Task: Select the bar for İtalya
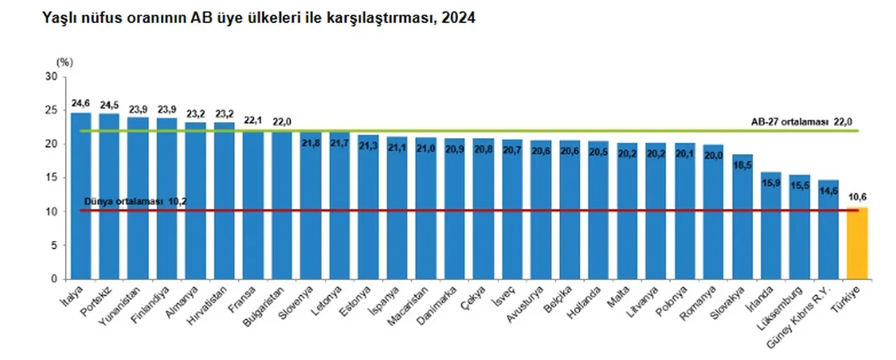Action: click(x=80, y=196)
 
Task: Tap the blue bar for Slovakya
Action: click(x=742, y=217)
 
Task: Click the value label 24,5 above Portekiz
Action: click(x=109, y=106)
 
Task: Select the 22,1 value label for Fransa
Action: click(x=253, y=120)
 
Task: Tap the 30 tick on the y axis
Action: click(x=51, y=76)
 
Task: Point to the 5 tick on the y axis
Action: click(x=54, y=246)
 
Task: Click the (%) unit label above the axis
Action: click(x=64, y=62)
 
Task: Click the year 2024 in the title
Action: click(x=458, y=19)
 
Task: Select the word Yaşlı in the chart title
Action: click(x=59, y=19)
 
